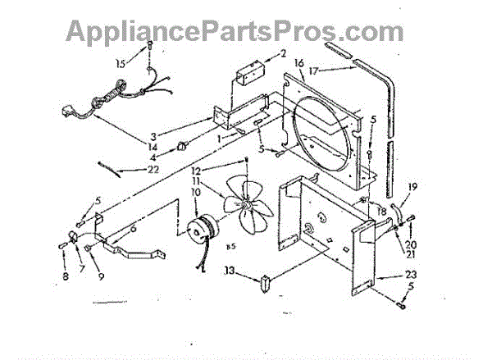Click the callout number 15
pos(121,62)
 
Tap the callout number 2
pos(282,54)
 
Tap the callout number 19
pos(413,188)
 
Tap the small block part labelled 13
pos(265,284)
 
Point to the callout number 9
pos(100,276)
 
